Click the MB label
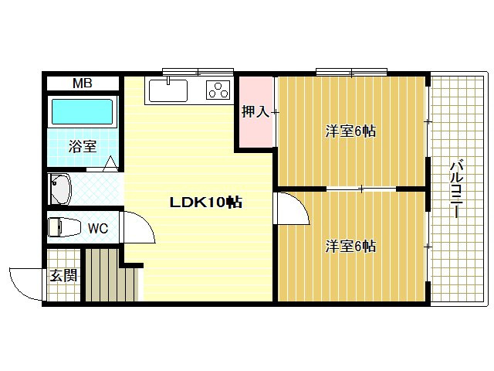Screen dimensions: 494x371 (83, 83)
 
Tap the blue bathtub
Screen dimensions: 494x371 (82, 111)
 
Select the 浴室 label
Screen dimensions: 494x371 (83, 146)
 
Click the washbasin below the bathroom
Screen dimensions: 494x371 (60, 189)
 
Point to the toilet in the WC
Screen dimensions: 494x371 (63, 226)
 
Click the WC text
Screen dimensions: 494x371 (98, 229)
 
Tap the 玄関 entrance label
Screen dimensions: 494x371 (63, 275)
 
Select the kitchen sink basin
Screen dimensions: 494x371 (168, 91)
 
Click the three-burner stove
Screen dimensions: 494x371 (218, 90)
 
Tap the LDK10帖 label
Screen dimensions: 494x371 (206, 203)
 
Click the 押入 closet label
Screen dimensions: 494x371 (255, 111)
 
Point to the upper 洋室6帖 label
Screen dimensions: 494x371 (350, 131)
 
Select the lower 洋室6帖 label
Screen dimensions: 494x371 (350, 246)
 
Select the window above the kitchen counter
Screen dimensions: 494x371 (198, 72)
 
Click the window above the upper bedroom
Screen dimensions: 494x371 (352, 72)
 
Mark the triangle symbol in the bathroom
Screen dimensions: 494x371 (110, 164)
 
